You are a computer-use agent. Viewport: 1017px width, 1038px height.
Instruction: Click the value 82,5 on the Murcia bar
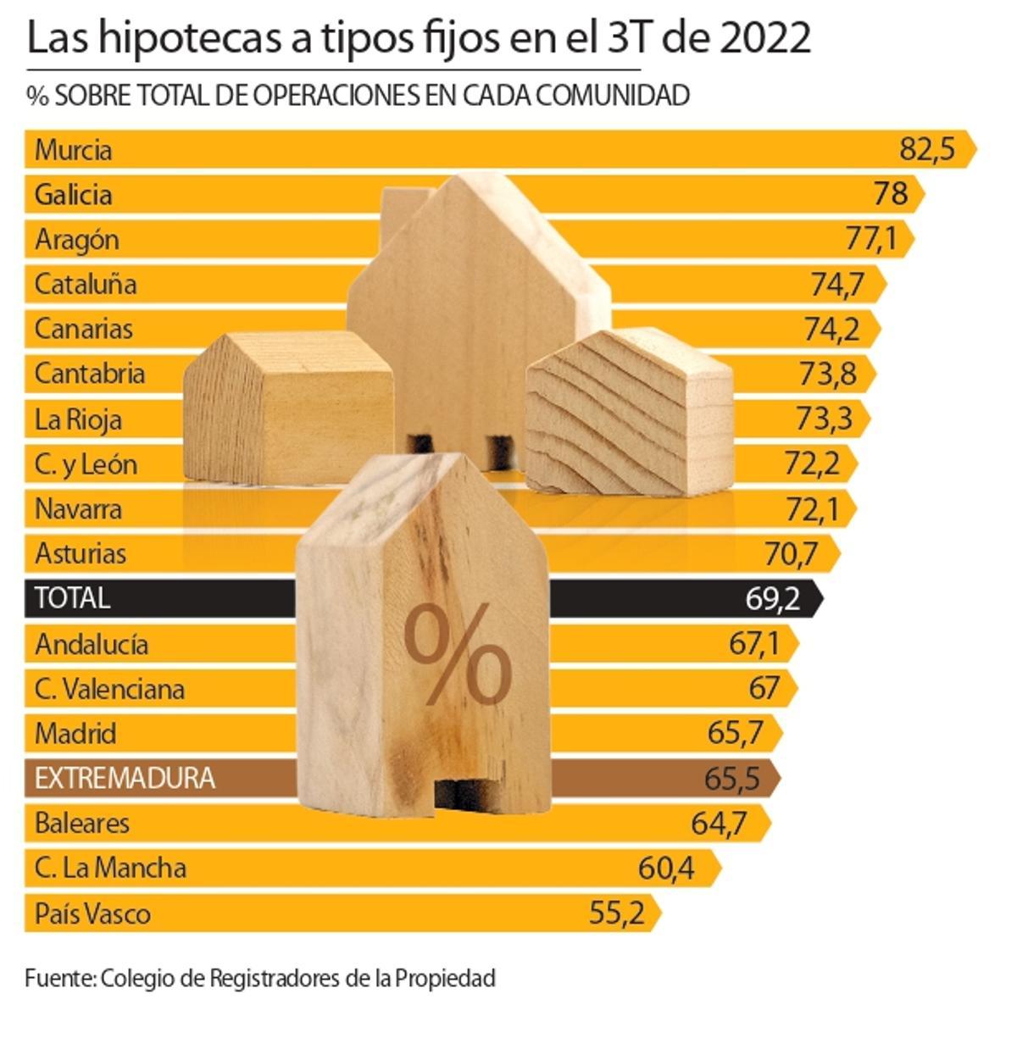click(x=926, y=150)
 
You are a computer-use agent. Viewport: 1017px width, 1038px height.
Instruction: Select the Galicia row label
click(x=73, y=195)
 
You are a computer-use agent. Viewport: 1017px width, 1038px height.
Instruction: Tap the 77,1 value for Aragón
click(x=870, y=240)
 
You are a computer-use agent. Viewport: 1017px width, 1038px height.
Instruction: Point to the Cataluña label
click(x=85, y=284)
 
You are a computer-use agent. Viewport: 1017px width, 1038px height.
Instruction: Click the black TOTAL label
click(x=72, y=598)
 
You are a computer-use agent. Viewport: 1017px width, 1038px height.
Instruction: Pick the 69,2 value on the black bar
click(x=772, y=599)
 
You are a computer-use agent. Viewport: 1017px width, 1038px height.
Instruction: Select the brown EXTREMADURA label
click(x=125, y=778)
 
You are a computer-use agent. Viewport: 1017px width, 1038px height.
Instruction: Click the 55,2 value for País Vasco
click(x=616, y=913)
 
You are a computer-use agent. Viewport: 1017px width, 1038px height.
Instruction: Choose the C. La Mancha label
click(x=110, y=869)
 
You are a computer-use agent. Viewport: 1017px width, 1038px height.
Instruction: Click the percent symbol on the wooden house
click(x=457, y=656)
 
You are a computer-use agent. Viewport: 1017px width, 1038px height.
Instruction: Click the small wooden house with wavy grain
click(x=628, y=411)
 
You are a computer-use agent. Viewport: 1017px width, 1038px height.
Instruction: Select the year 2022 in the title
click(x=766, y=38)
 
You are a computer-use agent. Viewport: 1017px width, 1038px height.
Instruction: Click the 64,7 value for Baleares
click(x=718, y=823)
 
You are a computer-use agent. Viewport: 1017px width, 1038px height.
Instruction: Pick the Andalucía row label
click(x=92, y=645)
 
